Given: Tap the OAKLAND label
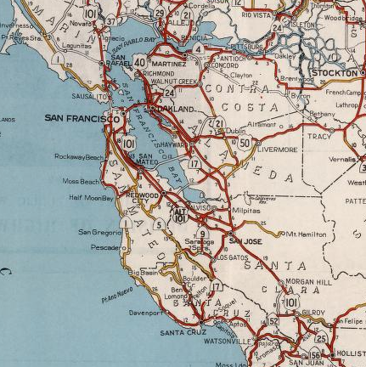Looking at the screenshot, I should pos(173,110).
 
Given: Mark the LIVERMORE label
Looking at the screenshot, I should pos(277,150).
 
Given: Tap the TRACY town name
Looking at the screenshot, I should pos(319,136).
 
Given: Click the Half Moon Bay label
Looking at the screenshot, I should pos(91,198).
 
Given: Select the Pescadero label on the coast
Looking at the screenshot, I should pos(105,247).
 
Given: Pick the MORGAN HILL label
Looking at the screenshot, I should pos(307,281).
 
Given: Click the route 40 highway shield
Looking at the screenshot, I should pos(140,63).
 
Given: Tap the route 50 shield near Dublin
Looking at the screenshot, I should pos(245,143).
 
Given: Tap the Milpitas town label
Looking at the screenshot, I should pos(246,208).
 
